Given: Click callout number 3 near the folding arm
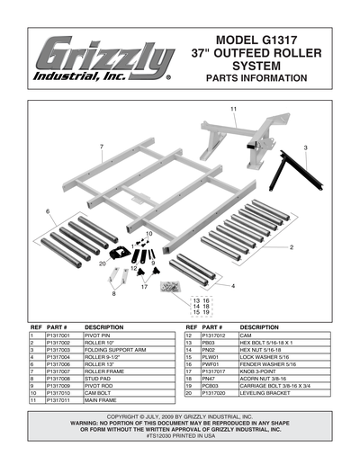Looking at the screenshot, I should pos(305,147).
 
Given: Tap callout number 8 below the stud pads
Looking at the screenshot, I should pos(113,293).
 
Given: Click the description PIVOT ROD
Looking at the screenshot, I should pos(101,386).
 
